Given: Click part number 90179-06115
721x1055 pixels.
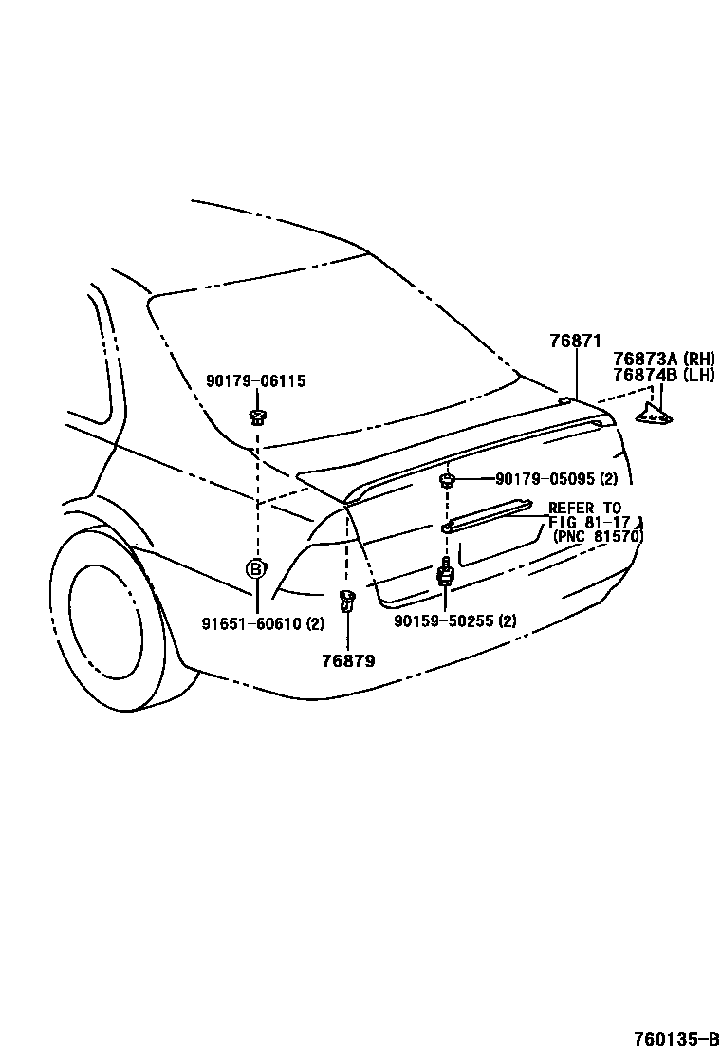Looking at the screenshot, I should (x=255, y=381).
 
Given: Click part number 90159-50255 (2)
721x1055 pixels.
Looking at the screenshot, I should (x=455, y=622).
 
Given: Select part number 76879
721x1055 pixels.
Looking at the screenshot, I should (x=348, y=660).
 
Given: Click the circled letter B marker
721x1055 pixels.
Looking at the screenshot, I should (x=255, y=569).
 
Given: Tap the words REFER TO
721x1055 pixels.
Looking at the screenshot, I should (x=584, y=509).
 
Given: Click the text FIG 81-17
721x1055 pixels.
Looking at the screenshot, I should (x=584, y=522).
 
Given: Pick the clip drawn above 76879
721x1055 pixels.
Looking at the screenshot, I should (x=347, y=600).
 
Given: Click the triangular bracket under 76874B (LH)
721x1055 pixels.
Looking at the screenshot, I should (x=655, y=412).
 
